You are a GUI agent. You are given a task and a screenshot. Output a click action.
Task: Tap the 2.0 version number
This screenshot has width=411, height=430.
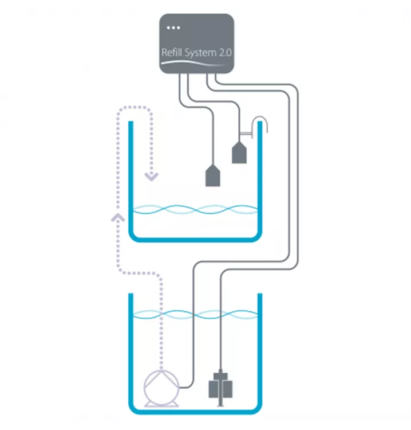coord(224,53)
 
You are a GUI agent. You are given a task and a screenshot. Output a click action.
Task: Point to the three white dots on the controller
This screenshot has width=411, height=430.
coord(172,27)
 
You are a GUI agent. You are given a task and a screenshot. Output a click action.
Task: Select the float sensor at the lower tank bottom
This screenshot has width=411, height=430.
coord(220,386)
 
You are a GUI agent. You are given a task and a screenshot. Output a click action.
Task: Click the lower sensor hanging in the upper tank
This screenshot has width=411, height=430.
coord(213,175)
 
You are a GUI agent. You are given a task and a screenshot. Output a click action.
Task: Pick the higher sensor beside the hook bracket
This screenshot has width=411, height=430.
coord(239,152)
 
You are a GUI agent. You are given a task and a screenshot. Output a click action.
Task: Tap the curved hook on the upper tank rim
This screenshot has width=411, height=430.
coord(260,123)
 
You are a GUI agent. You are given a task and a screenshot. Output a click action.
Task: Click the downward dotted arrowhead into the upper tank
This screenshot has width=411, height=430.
coord(151,176)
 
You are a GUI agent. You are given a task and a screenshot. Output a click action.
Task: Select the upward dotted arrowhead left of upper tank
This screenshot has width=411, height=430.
coord(118,217)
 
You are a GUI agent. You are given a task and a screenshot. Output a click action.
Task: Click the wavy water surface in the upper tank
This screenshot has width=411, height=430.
coord(195,210)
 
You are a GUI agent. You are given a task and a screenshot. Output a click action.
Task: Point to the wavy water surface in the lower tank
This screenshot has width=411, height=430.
coord(195,314)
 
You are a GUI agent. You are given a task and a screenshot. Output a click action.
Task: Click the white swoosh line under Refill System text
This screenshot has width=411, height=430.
coord(195,63)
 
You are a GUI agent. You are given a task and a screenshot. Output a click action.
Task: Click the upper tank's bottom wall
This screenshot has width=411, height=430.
coord(195,239)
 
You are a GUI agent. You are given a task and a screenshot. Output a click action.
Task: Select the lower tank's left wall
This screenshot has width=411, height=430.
coord(131,350)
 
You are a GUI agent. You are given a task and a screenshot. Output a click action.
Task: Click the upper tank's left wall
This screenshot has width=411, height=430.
coord(131,172)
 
